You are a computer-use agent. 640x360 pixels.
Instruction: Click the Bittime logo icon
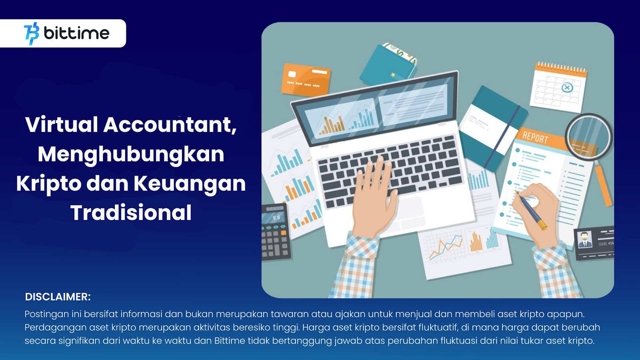32,34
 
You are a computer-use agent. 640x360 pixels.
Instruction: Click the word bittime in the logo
76,33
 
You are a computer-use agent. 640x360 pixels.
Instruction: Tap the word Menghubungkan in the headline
131,154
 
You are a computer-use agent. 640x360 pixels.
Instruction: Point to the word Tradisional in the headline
131,212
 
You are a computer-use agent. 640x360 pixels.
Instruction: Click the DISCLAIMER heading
58,297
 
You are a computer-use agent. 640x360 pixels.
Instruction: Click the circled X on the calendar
567,88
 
